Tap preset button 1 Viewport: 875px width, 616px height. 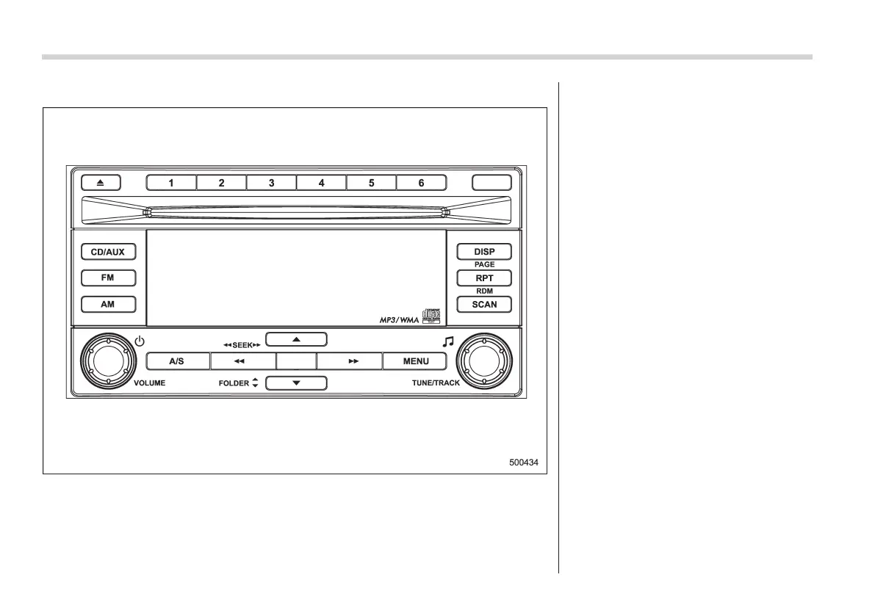click(171, 183)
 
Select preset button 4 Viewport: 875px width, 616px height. click(321, 183)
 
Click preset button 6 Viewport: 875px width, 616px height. click(421, 183)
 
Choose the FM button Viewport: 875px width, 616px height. click(108, 278)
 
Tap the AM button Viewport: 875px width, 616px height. click(108, 304)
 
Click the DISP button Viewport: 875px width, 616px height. click(484, 252)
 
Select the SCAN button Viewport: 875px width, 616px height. click(484, 304)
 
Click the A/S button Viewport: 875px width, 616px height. click(177, 361)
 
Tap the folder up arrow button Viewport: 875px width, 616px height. click(295, 339)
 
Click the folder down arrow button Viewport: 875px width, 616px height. click(295, 383)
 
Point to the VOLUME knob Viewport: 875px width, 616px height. click(107, 361)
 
